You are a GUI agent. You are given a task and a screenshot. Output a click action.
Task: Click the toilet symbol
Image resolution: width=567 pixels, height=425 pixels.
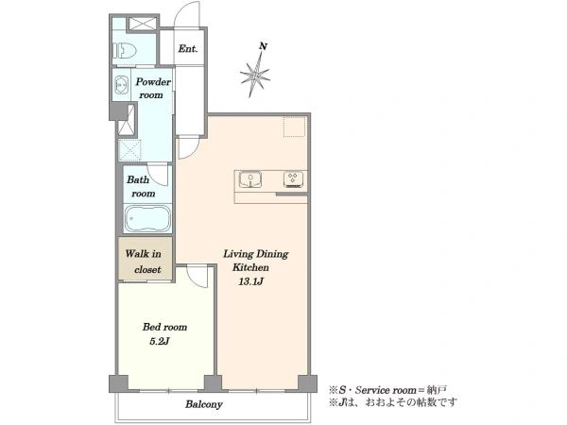point(125,51)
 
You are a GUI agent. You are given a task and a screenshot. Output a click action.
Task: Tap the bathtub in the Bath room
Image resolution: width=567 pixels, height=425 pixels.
point(147,218)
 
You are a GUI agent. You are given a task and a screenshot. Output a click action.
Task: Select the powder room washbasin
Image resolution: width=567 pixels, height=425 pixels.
point(121,85)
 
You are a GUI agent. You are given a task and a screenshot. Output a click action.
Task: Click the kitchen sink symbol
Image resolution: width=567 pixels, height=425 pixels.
point(250,179)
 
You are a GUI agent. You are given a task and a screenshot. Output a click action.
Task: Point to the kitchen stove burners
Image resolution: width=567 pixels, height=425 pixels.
point(293,179)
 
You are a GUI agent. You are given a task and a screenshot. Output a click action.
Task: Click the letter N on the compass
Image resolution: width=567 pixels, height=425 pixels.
point(264,46)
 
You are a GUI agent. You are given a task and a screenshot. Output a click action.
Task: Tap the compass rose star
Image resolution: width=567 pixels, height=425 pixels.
point(254,76)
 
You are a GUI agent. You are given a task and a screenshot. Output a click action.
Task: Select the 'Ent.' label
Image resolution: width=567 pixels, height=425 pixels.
point(188,48)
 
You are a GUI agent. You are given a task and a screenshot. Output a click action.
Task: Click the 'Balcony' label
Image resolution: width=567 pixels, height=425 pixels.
point(203,404)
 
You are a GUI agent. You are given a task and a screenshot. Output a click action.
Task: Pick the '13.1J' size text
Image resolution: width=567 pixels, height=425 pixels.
point(250,281)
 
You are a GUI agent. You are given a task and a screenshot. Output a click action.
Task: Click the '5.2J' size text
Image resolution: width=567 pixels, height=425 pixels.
point(160,341)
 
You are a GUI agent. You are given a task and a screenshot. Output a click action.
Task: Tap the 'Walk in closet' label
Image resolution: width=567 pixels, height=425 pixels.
point(144,262)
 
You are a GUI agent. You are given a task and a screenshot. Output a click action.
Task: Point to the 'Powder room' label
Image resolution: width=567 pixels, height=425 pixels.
point(153,88)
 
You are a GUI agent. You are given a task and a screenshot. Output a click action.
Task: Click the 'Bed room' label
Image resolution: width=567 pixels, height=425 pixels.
point(164,327)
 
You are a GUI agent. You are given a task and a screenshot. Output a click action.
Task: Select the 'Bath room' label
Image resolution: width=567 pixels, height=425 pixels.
point(141,186)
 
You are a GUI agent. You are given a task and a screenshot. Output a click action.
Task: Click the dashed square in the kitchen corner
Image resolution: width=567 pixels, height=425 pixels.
point(294,127)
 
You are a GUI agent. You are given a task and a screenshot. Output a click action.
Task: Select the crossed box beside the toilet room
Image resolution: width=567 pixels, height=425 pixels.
point(142,24)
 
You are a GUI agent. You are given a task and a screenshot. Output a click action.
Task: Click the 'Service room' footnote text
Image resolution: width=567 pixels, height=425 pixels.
point(386,390)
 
